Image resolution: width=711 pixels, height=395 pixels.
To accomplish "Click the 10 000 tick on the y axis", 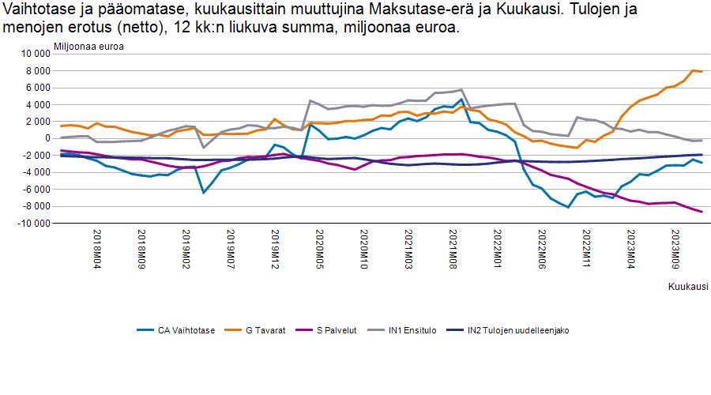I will [32, 54].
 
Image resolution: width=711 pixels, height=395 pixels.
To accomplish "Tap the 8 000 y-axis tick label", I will [35, 71].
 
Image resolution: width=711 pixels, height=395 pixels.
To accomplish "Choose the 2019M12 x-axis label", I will [276, 250].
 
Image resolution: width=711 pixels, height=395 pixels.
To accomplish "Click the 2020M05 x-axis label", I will [320, 250].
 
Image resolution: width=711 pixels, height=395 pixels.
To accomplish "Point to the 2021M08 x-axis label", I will [453, 250].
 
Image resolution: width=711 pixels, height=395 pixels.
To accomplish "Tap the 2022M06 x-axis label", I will [542, 250].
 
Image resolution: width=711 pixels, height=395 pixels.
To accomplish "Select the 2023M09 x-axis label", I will [675, 250].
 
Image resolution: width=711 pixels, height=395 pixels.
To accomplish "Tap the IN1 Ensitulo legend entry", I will [412, 330].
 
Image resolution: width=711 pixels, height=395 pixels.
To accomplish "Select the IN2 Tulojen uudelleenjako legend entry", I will [518, 330].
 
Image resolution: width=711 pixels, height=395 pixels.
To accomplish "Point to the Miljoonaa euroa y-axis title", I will [88, 46].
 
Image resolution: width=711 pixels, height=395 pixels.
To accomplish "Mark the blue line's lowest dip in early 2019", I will [204, 193].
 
